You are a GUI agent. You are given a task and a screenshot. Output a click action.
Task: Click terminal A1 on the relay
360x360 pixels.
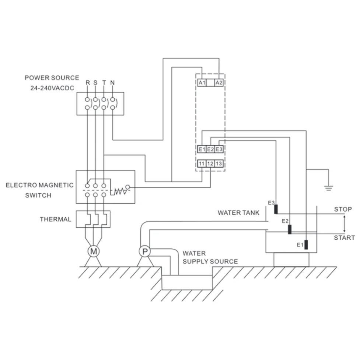[202, 82]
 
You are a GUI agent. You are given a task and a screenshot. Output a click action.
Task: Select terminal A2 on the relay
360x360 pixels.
[219, 82]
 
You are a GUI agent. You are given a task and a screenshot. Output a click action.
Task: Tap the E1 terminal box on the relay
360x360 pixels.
[202, 149]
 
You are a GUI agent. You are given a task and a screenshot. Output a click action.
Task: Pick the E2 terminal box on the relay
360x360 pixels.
[210, 149]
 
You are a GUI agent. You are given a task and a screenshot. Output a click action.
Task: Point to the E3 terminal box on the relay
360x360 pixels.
[219, 149]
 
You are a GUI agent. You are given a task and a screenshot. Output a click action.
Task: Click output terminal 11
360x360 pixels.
[202, 163]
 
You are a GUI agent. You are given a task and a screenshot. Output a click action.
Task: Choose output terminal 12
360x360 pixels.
[210, 163]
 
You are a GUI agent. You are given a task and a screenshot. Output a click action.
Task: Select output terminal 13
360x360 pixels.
[219, 163]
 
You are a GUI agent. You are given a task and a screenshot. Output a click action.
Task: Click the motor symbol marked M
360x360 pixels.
[93, 251]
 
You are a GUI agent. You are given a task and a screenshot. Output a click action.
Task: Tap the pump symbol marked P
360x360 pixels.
[145, 251]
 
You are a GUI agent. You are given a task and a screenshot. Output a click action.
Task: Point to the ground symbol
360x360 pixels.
[329, 188]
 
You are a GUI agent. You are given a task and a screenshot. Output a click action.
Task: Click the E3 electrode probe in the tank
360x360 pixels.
[276, 209]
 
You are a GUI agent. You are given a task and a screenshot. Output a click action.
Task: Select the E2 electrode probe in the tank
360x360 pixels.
[289, 229]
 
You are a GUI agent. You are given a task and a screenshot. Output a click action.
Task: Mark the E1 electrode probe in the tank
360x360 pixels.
[306, 245]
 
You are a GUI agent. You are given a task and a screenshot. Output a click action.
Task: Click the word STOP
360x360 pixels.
[343, 209]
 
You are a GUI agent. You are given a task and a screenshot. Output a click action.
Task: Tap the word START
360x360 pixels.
[344, 238]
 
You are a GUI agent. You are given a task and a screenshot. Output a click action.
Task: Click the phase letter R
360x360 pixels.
[88, 82]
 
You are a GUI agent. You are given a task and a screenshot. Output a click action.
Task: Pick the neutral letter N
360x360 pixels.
[112, 82]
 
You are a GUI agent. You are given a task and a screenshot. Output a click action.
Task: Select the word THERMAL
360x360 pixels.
[55, 219]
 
